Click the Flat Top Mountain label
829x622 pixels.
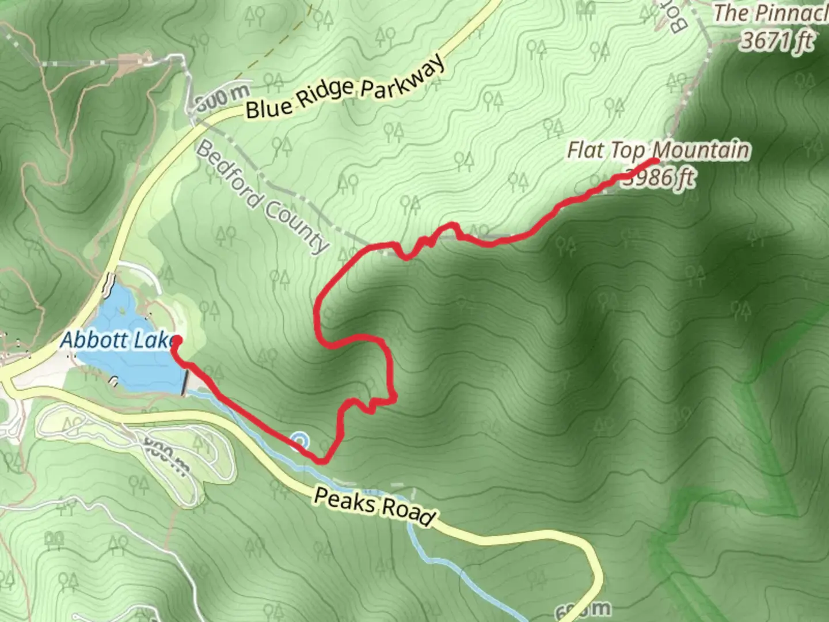(659, 150)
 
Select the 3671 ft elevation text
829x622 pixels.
(777, 40)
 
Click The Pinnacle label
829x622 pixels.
(771, 13)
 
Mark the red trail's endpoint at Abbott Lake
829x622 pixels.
(176, 341)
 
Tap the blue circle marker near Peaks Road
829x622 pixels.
(299, 441)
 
